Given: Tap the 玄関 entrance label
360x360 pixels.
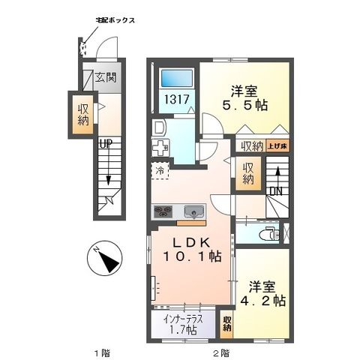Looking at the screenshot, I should click(107, 76).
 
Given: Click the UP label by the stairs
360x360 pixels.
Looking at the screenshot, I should click(107, 142).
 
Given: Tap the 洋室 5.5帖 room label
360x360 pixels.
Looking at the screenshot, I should click(244, 97).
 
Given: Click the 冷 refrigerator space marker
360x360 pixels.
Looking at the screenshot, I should click(160, 171).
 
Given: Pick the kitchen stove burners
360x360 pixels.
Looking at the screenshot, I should click(164, 210).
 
